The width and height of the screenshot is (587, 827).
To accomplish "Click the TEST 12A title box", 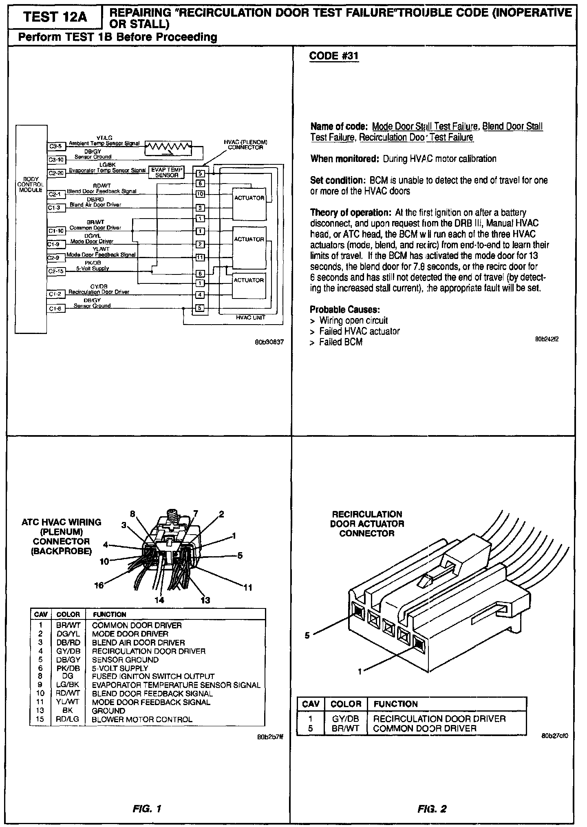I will coord(55,17).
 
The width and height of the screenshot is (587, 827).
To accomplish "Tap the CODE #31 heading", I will coord(334,55).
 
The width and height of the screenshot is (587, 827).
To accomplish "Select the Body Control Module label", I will coord(31,185).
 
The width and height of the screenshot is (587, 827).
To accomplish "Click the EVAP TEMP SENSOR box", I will coord(167,172).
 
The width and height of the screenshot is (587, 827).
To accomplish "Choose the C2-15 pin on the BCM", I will coord(55,271).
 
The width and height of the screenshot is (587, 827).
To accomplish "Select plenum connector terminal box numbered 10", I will coord(200,194).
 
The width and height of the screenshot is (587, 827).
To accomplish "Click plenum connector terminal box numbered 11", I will coord(200,257).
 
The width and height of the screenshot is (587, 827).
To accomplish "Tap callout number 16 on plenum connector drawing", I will coord(99,586).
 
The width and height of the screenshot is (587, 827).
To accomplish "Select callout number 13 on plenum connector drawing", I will coord(205,600).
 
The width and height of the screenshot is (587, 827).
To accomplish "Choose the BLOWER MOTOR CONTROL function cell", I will coord(142,719).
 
